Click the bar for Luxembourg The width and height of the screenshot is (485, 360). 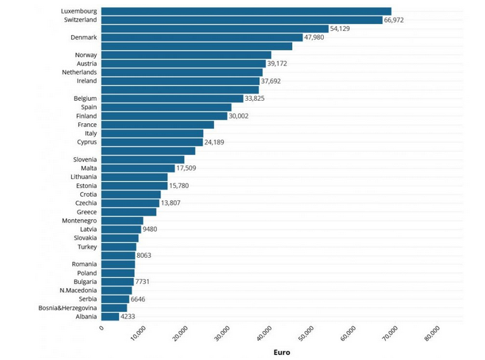pos(246,11)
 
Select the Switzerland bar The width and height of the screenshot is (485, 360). pos(241,20)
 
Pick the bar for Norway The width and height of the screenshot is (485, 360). pos(186,55)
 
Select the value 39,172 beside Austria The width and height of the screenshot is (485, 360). pos(277,63)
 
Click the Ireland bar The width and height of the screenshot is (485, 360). pos(180,81)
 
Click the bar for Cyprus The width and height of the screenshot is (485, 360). pos(152,142)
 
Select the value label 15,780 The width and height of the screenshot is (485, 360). pos(179,186)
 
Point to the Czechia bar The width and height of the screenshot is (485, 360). pos(130,203)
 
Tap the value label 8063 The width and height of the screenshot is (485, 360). pos(144,256)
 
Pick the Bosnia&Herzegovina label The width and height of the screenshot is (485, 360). pos(68,308)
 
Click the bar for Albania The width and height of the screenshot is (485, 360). pos(110,317)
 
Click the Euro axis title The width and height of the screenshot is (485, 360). pos(282,352)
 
